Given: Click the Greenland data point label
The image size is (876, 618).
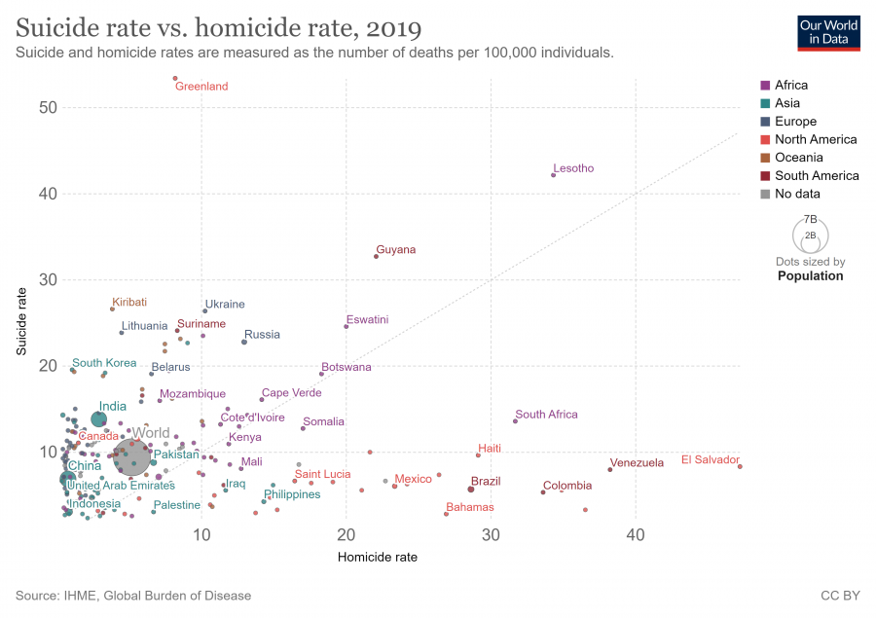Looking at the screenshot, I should click(201, 87).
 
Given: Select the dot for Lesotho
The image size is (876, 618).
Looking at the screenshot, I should click(553, 175).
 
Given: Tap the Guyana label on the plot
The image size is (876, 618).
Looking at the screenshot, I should click(395, 250).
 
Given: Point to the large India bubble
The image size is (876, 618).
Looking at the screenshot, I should click(98, 419).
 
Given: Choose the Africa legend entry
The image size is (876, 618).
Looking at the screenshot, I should click(791, 86).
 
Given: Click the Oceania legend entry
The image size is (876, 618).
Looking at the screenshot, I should click(798, 158).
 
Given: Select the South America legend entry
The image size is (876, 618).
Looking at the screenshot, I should click(816, 176).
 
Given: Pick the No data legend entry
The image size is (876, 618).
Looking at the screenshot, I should click(796, 194).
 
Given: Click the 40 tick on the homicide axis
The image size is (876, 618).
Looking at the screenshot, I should click(636, 536).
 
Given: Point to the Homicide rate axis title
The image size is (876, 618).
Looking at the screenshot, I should click(377, 558).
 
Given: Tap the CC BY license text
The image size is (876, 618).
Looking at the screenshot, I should click(840, 595).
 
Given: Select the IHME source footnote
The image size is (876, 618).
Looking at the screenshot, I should click(133, 595).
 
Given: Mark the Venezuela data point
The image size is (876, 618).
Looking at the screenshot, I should click(610, 469).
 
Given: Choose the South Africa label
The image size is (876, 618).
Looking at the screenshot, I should click(546, 415).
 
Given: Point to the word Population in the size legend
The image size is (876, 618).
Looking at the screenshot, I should click(810, 276).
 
